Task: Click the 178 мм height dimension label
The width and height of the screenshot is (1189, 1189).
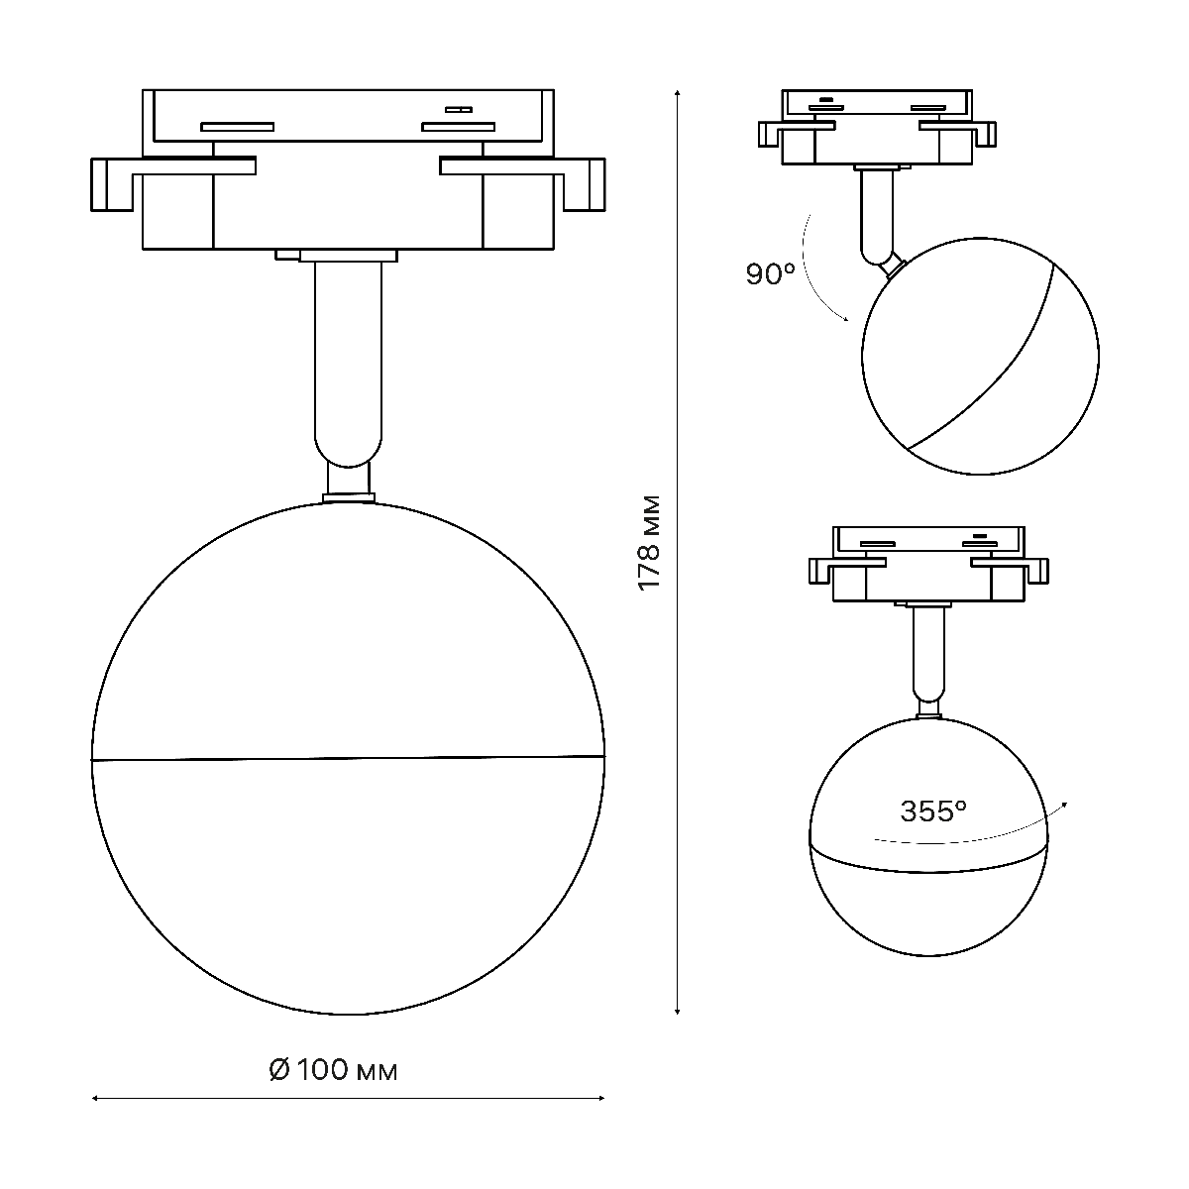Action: point(650,543)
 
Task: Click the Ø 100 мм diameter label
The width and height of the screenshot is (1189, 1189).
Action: point(334,1069)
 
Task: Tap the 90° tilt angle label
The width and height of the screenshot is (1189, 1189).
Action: point(771,273)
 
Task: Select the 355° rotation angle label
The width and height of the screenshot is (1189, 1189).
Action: point(933,811)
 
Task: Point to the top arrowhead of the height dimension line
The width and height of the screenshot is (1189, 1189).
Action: point(678,92)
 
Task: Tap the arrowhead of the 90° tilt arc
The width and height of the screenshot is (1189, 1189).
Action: point(845,318)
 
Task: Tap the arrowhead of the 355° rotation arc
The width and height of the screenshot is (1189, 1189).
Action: point(1063,804)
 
